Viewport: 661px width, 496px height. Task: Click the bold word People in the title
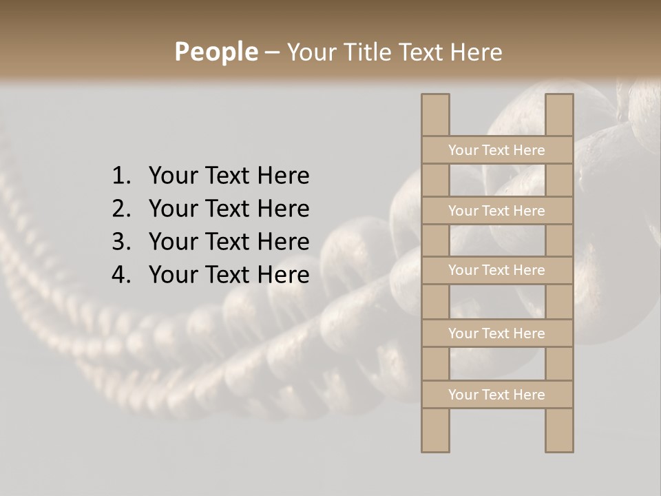[216, 52]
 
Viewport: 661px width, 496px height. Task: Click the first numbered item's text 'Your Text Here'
[229, 176]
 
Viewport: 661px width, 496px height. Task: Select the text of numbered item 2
[229, 209]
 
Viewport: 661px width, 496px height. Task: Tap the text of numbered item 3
[229, 242]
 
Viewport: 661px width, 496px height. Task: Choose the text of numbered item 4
[229, 275]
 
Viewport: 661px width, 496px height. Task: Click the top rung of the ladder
[496, 150]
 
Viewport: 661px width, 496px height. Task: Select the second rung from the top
[496, 211]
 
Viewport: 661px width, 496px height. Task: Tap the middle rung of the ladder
[496, 271]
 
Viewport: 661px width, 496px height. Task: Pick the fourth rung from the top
[496, 333]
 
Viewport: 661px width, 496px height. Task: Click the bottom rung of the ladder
[496, 395]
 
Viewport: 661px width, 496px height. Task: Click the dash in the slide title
[272, 53]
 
